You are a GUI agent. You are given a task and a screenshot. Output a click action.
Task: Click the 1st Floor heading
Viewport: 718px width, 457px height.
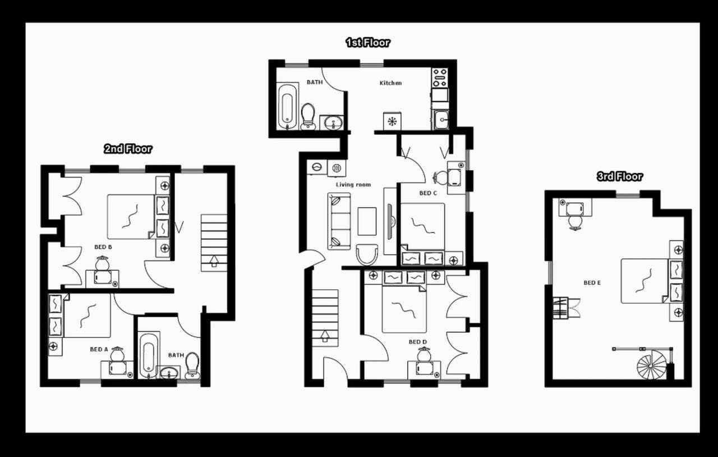[367, 43]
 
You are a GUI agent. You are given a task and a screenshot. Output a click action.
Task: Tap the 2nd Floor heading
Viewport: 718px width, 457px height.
[128, 149]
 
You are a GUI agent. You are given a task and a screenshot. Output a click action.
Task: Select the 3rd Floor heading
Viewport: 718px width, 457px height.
[619, 176]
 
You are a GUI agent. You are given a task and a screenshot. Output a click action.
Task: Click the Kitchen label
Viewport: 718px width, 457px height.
[390, 83]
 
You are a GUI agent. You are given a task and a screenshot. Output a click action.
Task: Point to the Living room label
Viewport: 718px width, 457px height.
[353, 185]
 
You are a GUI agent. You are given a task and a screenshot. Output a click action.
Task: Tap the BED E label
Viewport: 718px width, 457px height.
[592, 283]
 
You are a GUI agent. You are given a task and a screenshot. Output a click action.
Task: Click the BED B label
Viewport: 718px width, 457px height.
[103, 247]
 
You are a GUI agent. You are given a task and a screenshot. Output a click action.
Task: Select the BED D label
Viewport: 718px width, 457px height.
[417, 342]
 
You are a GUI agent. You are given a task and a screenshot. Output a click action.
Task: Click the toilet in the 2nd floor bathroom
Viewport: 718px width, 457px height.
[192, 365]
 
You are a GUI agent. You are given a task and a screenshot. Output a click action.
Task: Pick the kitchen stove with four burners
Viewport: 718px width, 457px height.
[439, 77]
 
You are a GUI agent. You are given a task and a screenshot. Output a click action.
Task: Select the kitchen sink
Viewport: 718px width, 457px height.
[440, 119]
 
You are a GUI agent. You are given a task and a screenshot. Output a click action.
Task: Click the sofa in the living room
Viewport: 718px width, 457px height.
[339, 221]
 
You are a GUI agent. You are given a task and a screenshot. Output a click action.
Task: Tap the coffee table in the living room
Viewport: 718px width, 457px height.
[367, 221]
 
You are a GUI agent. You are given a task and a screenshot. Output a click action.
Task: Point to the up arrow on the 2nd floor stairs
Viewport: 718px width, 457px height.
[214, 261]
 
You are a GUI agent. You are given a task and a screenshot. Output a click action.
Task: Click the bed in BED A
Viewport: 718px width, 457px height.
[87, 316]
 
